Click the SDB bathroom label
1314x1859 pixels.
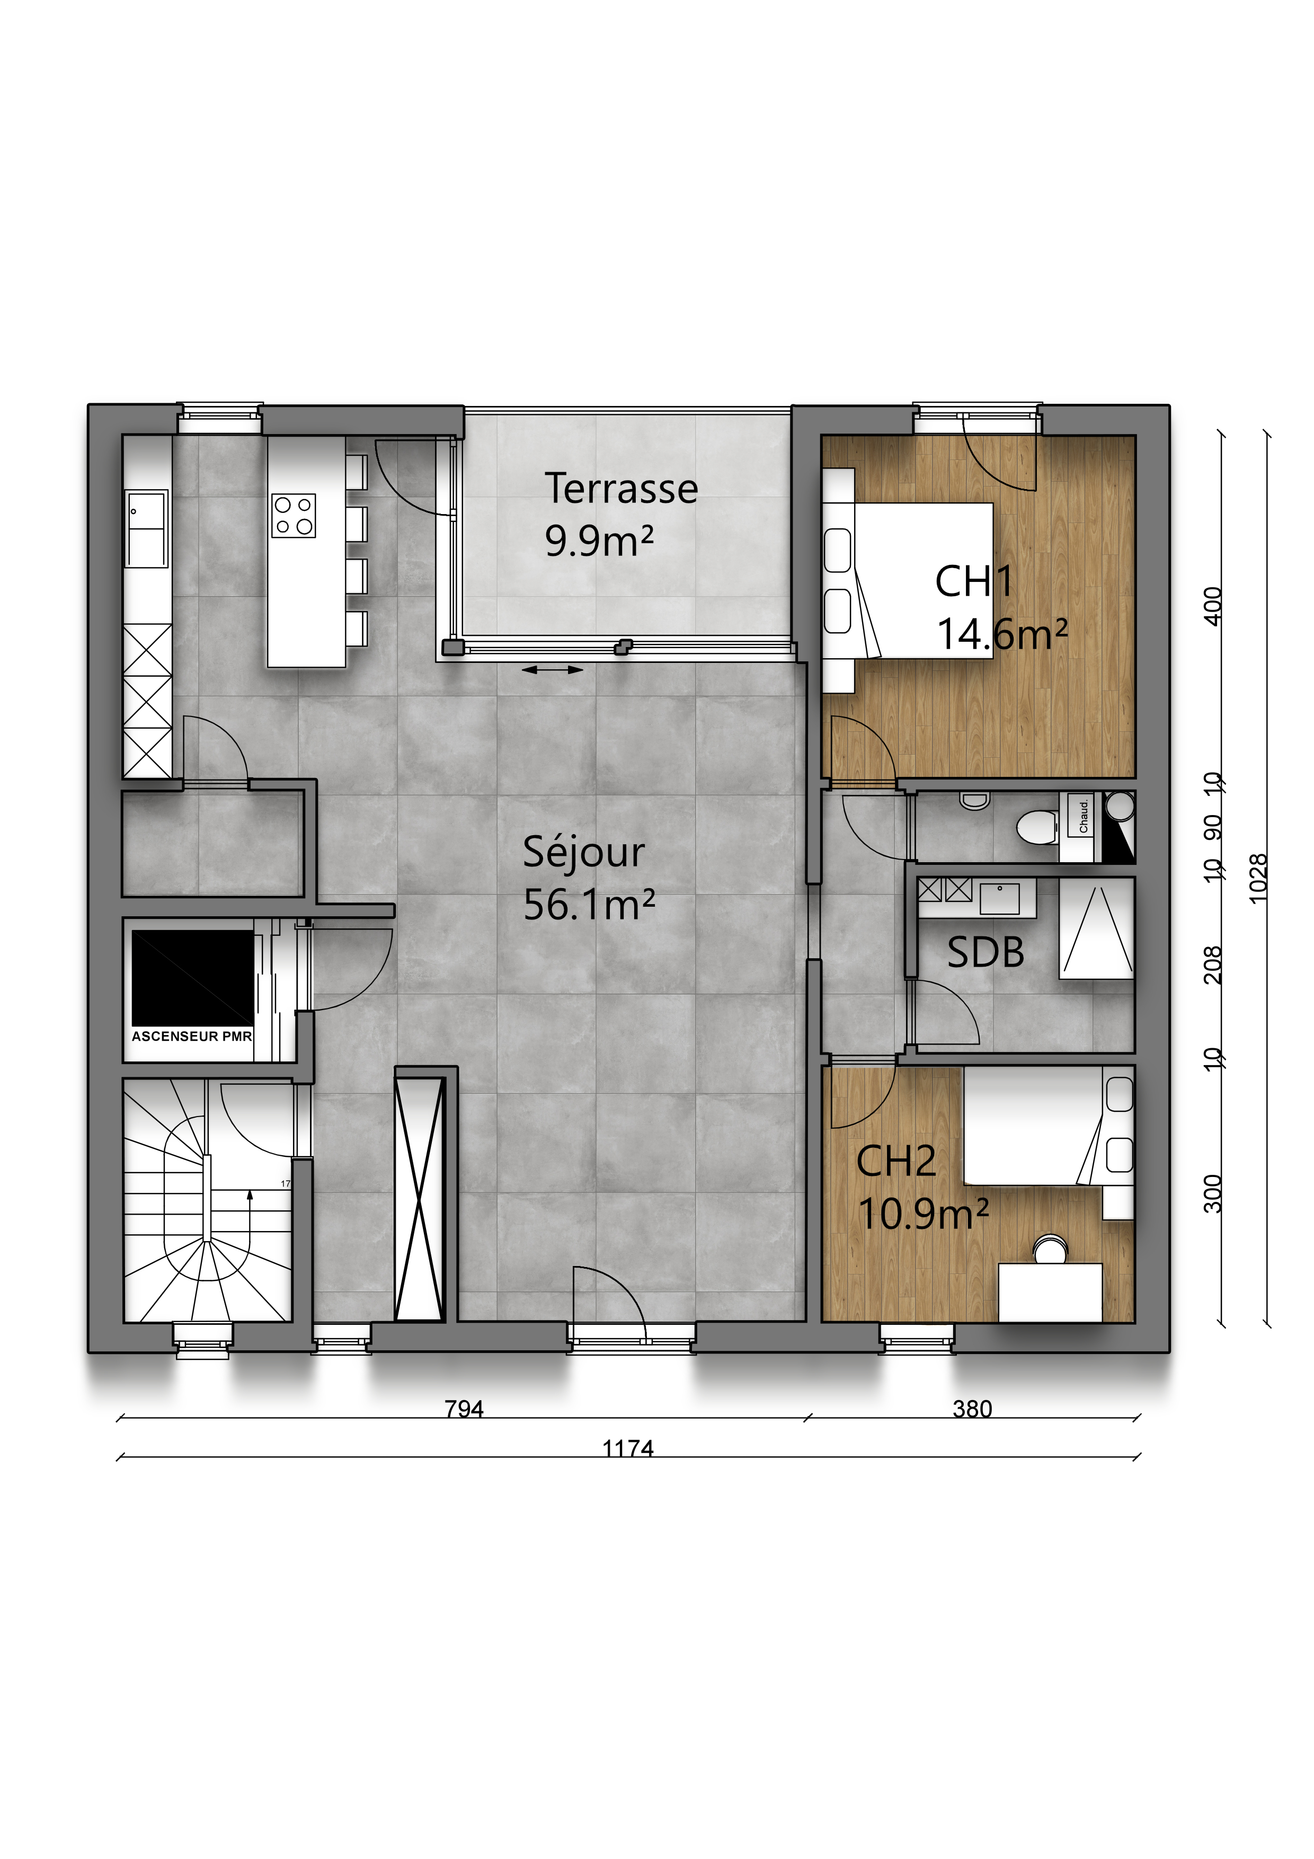click(985, 953)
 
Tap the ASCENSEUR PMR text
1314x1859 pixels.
click(192, 1037)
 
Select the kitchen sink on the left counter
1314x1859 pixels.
click(147, 529)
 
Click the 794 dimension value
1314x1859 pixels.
click(464, 1410)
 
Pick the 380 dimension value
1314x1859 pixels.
click(972, 1410)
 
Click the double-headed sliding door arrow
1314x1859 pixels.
click(553, 670)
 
